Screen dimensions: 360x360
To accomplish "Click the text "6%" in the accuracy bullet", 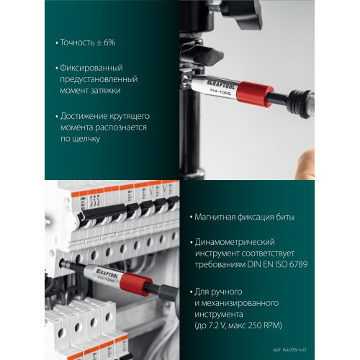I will [x=109, y=42].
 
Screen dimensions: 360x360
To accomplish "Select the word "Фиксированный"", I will [x=91, y=67].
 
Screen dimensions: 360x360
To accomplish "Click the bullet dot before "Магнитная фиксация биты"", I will [x=187, y=217].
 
